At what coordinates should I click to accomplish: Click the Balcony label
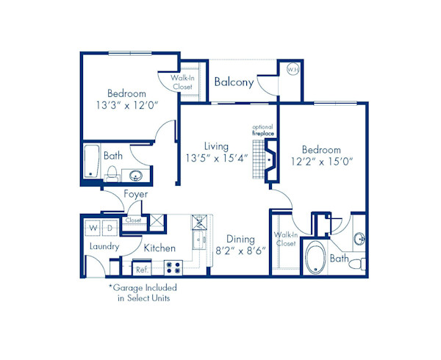[x=234, y=82]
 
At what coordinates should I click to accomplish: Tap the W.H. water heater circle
[x=291, y=71]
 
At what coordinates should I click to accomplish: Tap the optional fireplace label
[x=262, y=130]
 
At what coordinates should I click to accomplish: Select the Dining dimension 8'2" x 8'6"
[x=240, y=251]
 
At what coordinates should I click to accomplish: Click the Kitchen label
[x=159, y=248]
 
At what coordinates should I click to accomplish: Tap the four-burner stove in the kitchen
[x=172, y=267]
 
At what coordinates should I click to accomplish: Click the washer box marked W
[x=93, y=227]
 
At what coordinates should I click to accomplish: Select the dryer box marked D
[x=108, y=227]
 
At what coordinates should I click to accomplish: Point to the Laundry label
[x=104, y=248]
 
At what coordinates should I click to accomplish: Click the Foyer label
[x=135, y=194]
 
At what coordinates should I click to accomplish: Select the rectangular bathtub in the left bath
[x=91, y=162]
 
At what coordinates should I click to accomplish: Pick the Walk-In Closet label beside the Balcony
[x=182, y=82]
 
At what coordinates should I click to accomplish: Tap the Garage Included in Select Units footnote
[x=143, y=292]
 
